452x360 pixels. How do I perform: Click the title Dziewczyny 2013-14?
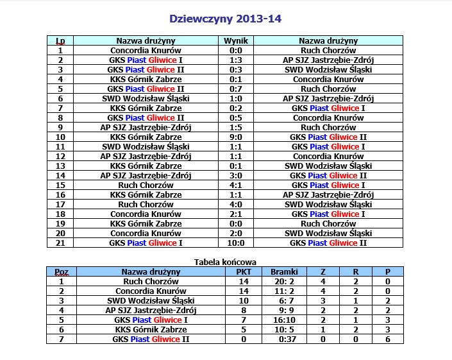pyautogui.click(x=225, y=19)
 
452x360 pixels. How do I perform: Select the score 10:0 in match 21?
pyautogui.click(x=235, y=243)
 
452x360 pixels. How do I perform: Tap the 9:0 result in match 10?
pyautogui.click(x=235, y=137)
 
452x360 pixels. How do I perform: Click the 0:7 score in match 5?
pyautogui.click(x=235, y=89)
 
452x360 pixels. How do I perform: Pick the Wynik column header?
pyautogui.click(x=235, y=41)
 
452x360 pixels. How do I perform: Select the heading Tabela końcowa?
pyautogui.click(x=225, y=262)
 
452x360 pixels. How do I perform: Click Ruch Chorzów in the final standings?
pyautogui.click(x=151, y=281)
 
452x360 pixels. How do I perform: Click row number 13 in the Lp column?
pyautogui.click(x=60, y=166)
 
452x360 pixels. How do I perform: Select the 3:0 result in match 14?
pyautogui.click(x=235, y=176)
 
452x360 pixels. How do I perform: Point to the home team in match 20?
pyautogui.click(x=146, y=234)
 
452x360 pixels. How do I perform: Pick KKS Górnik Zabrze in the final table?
pyautogui.click(x=151, y=329)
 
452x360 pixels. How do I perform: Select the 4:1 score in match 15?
pyautogui.click(x=235, y=185)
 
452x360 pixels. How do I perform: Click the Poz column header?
pyautogui.click(x=62, y=271)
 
